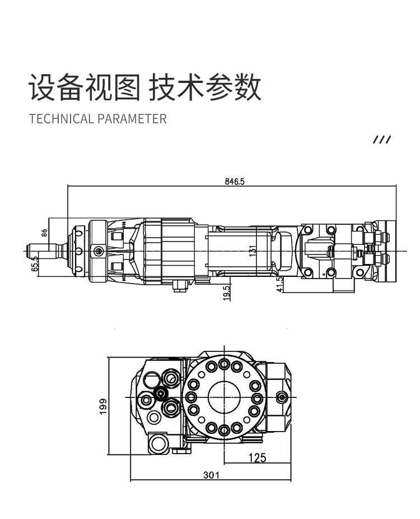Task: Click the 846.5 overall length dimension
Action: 235,182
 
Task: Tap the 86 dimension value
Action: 44,233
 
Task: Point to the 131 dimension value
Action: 253,251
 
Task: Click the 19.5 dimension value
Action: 227,293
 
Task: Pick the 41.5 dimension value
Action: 280,284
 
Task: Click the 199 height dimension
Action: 103,406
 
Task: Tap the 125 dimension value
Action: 257,458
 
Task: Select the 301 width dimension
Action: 211,475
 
